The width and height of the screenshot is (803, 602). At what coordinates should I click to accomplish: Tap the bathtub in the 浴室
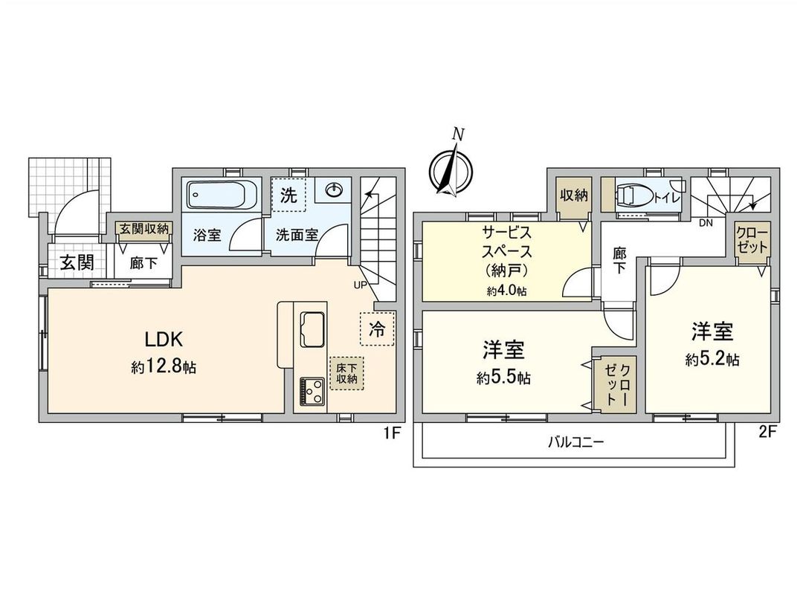221,195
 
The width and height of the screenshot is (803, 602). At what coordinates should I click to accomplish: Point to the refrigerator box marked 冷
377,329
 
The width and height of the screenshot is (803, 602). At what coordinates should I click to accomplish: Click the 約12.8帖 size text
164,366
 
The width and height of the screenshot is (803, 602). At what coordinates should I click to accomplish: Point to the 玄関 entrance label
77,263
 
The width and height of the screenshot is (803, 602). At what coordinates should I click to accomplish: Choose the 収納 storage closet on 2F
573,195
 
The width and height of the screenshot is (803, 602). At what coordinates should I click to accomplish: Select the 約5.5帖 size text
503,378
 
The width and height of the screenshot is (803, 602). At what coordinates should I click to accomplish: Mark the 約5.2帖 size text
712,360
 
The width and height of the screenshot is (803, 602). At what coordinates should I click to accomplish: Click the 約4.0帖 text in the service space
506,291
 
